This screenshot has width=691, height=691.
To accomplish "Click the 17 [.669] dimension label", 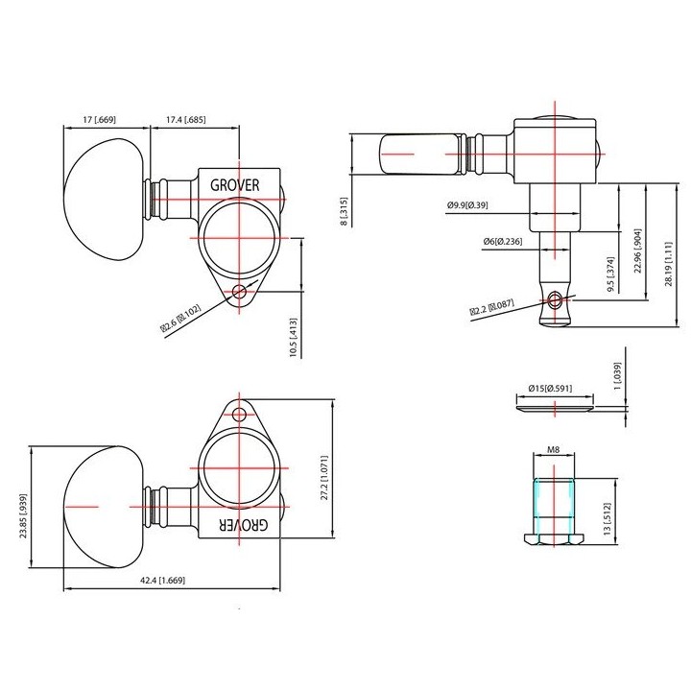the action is [99, 119].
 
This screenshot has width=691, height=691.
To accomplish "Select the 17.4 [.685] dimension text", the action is [185, 119].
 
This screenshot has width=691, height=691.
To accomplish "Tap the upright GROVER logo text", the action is [235, 185].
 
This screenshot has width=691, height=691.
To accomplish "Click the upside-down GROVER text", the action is [243, 524].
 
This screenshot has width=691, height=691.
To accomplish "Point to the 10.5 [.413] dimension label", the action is [294, 338].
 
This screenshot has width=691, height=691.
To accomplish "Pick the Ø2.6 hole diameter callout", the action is [180, 318].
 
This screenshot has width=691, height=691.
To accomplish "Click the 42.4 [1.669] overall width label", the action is [162, 581].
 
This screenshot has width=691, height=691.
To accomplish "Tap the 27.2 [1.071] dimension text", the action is [324, 478].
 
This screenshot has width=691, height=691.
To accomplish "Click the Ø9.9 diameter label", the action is [467, 205].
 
